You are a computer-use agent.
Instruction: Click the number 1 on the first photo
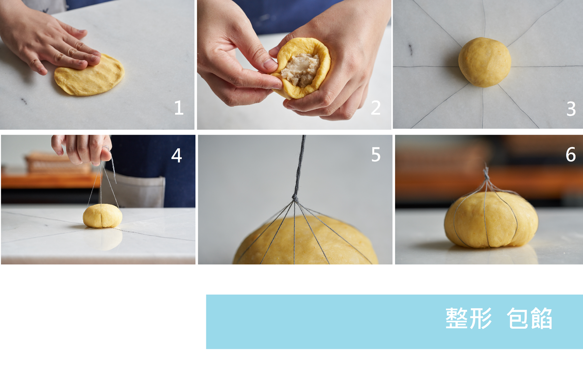(179, 108)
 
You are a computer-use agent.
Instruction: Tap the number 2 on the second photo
(376, 108)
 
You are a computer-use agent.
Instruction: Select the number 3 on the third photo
(571, 109)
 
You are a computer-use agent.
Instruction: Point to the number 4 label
(176, 156)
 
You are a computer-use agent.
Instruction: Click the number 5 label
(376, 155)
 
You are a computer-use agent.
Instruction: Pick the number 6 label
(570, 154)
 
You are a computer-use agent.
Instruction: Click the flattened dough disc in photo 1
(89, 75)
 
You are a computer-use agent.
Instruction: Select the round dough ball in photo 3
(485, 62)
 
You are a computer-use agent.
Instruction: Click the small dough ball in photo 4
(103, 216)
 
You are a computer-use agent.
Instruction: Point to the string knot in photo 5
(295, 198)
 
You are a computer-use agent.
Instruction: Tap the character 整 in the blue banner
(456, 318)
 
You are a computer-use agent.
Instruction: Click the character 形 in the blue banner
(480, 318)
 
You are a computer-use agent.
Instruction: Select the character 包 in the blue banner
(517, 318)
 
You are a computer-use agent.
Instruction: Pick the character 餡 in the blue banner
(542, 318)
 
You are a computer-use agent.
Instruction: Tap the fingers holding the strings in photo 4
(82, 148)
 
